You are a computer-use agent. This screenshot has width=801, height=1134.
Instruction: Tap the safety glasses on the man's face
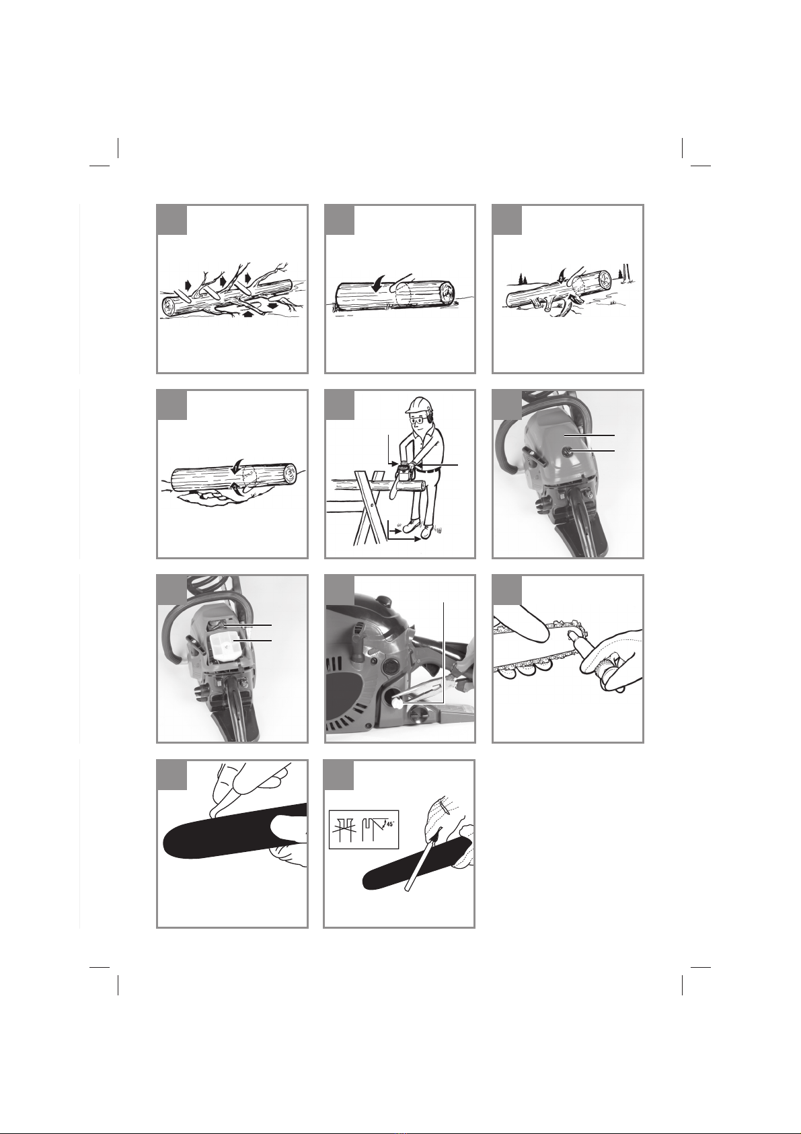[x=418, y=421]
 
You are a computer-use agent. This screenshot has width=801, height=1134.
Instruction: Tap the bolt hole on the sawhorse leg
[x=373, y=504]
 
